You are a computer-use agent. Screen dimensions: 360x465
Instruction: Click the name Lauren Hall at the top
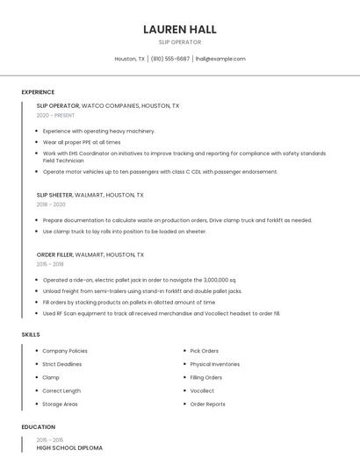coord(179,29)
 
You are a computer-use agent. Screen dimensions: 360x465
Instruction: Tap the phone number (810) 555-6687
coord(169,59)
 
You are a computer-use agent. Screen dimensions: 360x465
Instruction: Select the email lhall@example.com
coord(220,59)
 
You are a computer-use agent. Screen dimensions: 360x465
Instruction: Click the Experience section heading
coord(38,92)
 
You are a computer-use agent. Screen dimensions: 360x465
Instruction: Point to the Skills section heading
coord(31,334)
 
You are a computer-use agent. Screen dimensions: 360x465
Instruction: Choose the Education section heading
coord(38,427)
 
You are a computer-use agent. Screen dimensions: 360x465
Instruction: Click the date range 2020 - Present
coord(55,115)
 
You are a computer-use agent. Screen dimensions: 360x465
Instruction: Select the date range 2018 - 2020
coord(51,204)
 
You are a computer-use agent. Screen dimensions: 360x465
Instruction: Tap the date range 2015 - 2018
coord(50,264)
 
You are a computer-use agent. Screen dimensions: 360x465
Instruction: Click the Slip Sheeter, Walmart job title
coord(90,195)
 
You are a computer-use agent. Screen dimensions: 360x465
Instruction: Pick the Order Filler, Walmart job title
coord(90,254)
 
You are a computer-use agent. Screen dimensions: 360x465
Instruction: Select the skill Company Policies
coord(65,351)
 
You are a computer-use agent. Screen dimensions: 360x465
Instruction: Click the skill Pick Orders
coord(205,351)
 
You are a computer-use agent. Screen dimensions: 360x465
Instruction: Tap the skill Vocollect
coord(202,390)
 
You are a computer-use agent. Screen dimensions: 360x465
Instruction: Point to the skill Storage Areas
coord(60,404)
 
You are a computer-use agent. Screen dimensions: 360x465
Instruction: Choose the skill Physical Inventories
coord(214,364)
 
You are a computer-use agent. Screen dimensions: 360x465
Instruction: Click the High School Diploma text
coord(69,447)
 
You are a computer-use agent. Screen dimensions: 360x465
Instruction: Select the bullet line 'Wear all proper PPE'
coord(82,141)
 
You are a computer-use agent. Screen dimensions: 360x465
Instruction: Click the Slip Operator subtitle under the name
coord(179,42)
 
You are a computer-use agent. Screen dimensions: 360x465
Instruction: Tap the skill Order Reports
coord(207,404)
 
